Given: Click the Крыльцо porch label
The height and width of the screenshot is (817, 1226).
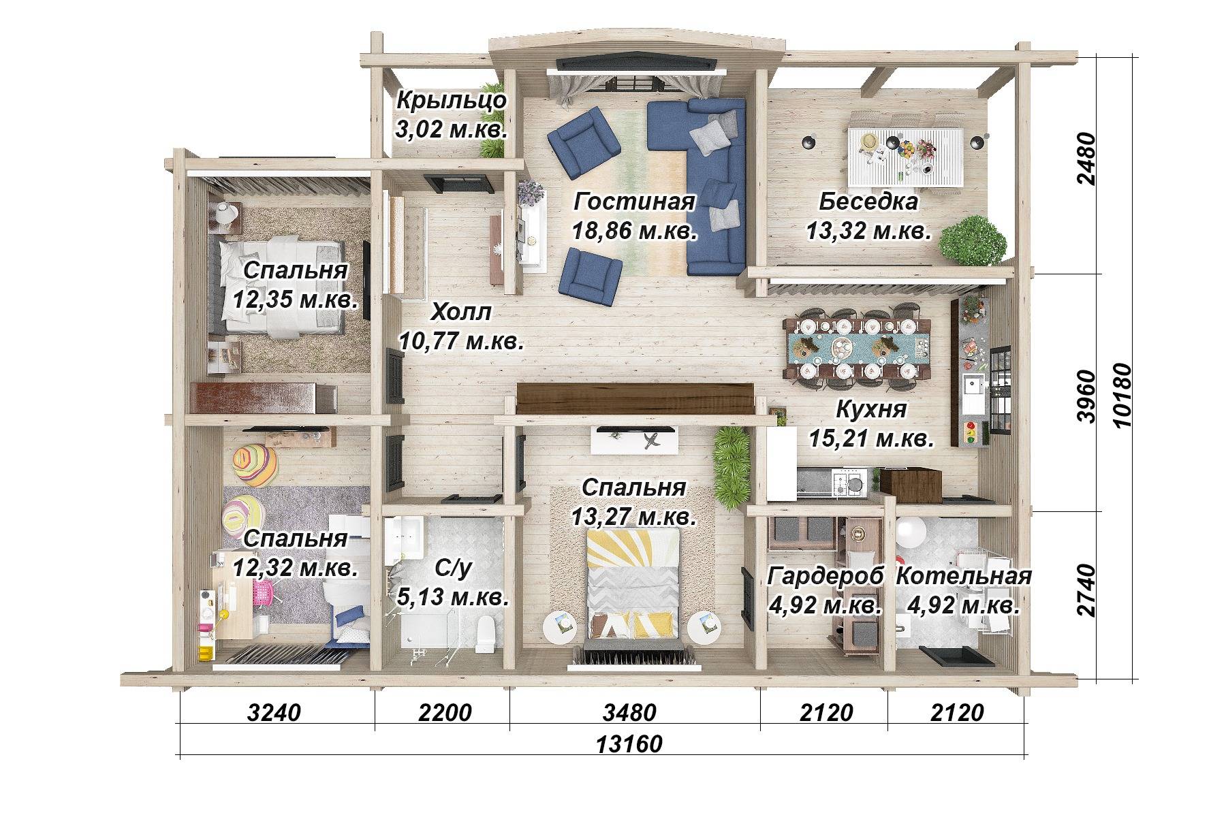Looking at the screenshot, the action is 452,114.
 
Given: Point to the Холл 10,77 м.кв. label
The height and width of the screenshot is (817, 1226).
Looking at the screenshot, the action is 461,326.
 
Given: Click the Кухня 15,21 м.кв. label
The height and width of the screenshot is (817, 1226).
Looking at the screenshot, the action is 871,423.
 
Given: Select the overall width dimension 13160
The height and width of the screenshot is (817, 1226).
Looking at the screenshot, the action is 629,744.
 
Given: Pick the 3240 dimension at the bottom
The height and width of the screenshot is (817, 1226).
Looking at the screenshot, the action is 273,713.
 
